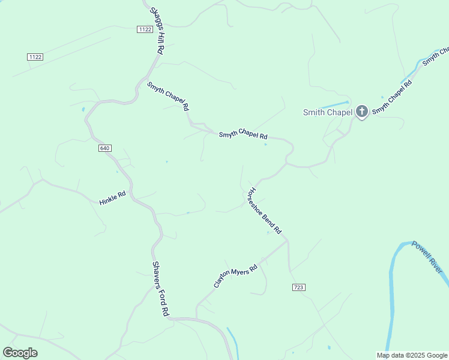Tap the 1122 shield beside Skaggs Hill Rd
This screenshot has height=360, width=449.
pyautogui.click(x=144, y=29)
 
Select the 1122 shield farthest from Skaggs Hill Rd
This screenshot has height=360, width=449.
pyautogui.click(x=35, y=56)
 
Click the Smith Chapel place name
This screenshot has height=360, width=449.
pyautogui.click(x=328, y=112)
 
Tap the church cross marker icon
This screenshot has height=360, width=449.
pyautogui.click(x=361, y=111)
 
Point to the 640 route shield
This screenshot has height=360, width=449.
pyautogui.click(x=104, y=148)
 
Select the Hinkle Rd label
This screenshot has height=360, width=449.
pyautogui.click(x=112, y=199)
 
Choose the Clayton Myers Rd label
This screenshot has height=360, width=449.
pyautogui.click(x=235, y=275)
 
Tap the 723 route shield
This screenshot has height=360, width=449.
pyautogui.click(x=299, y=287)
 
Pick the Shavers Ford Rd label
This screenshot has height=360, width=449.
pyautogui.click(x=160, y=289)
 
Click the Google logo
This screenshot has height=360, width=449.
pyautogui.click(x=20, y=353)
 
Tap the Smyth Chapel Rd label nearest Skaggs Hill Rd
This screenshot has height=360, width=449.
pyautogui.click(x=168, y=95)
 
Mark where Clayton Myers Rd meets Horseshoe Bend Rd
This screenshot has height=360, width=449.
pyautogui.click(x=286, y=241)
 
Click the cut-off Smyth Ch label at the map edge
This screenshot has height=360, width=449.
pyautogui.click(x=435, y=56)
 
